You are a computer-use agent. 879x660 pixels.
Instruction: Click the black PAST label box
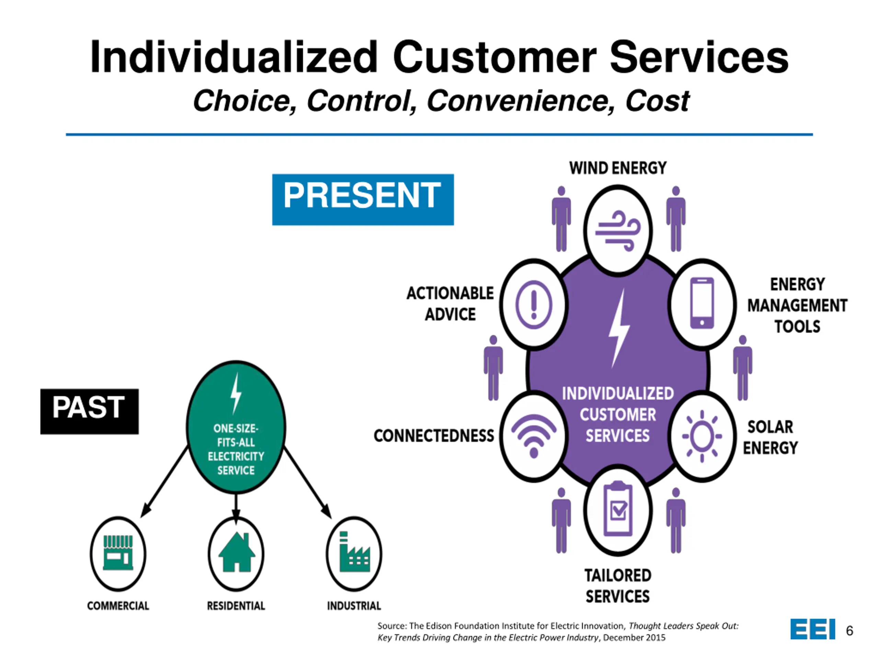click(x=89, y=411)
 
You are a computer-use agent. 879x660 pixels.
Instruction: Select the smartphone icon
click(x=702, y=303)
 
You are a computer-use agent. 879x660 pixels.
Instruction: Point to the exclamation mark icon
click(x=534, y=304)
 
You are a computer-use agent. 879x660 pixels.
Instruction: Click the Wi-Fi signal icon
click(x=534, y=436)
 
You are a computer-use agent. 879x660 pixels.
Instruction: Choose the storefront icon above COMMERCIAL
click(x=118, y=553)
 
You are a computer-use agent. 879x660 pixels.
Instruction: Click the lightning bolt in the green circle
click(x=236, y=393)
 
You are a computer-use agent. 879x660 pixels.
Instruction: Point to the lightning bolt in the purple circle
click(x=618, y=328)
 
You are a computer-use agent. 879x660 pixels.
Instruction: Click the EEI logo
click(x=813, y=629)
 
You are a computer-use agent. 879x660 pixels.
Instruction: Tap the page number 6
click(x=849, y=630)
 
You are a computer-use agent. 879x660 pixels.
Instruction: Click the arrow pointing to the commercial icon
click(x=164, y=482)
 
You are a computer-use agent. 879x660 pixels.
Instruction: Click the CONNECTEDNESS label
click(x=434, y=436)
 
